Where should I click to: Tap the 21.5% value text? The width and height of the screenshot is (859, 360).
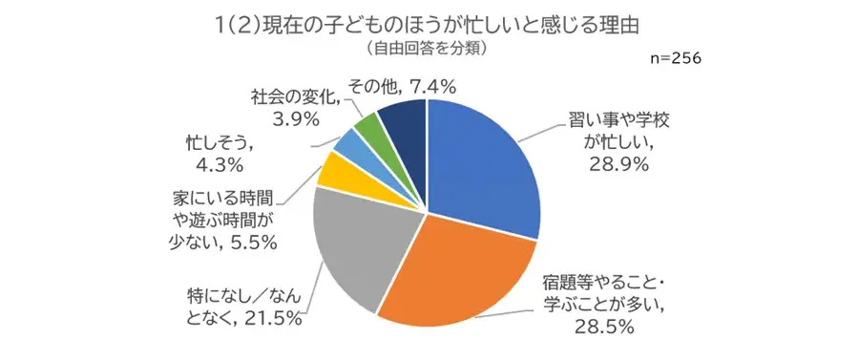[271, 319]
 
